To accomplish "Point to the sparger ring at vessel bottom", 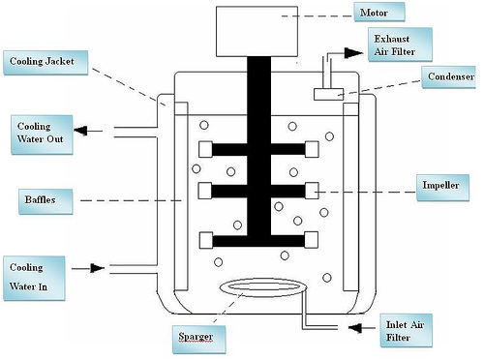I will click(x=261, y=287).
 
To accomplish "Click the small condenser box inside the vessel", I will click(x=330, y=94).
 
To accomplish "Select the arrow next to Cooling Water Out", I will click(x=88, y=130).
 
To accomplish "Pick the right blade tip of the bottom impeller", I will click(x=311, y=239).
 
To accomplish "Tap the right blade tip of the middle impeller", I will click(x=311, y=188).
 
